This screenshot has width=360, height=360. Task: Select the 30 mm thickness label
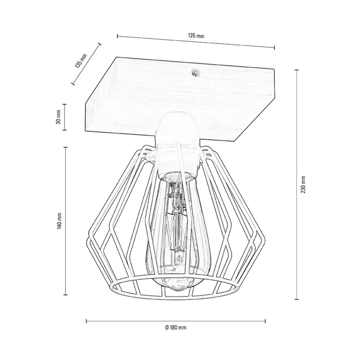58,117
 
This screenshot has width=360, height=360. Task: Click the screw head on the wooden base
195,73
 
